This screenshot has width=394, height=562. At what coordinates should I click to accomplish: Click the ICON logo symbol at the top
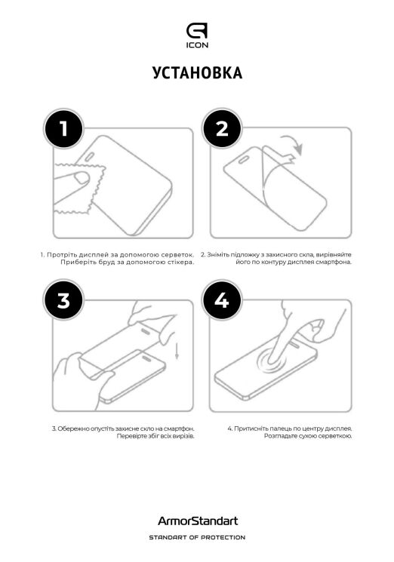point(197,30)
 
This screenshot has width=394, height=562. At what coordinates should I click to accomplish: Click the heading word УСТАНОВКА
point(197,73)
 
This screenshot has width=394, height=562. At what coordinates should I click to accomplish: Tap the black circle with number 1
point(63,129)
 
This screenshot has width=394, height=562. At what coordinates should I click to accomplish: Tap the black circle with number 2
point(221,129)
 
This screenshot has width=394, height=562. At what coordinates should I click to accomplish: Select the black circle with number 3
point(63,300)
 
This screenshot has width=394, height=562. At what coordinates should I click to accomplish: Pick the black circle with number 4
point(221,300)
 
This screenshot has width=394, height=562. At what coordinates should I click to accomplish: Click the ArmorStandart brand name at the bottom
point(197,521)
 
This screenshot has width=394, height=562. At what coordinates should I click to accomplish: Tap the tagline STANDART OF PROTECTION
point(197,537)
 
